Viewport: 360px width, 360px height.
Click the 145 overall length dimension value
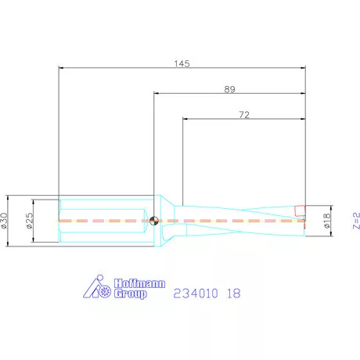click(x=182, y=63)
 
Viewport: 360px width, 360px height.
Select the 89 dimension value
click(x=230, y=89)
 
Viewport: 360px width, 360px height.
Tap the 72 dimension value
click(x=244, y=115)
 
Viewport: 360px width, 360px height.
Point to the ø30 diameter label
click(x=4, y=221)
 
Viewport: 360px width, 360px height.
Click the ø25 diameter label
click(x=30, y=221)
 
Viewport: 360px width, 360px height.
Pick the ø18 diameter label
click(x=327, y=221)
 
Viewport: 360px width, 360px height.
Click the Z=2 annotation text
click(x=356, y=221)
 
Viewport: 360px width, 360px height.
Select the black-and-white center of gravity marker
click(x=154, y=221)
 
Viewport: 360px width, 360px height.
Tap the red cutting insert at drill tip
click(x=300, y=211)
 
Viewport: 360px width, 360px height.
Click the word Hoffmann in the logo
click(x=139, y=283)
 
